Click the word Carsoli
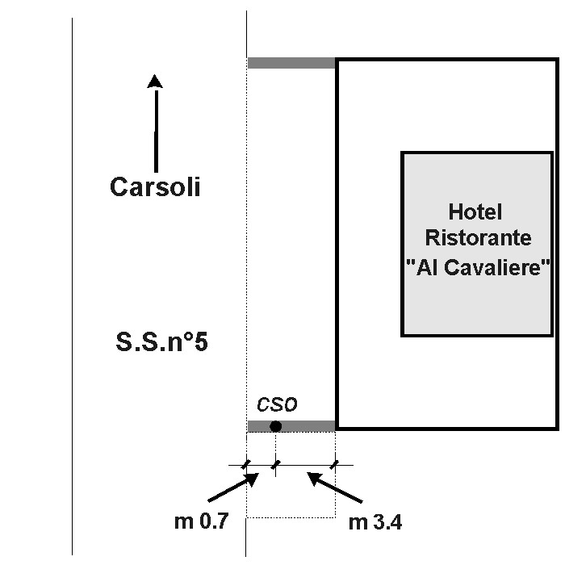155,187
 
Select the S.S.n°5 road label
162,341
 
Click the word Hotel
475,212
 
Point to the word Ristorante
479,239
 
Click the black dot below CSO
276,426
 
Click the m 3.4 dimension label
375,522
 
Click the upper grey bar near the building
291,63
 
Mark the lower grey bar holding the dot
307,426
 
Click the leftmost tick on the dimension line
245,464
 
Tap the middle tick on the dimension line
276,464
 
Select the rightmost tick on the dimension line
335,464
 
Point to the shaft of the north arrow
155,129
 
